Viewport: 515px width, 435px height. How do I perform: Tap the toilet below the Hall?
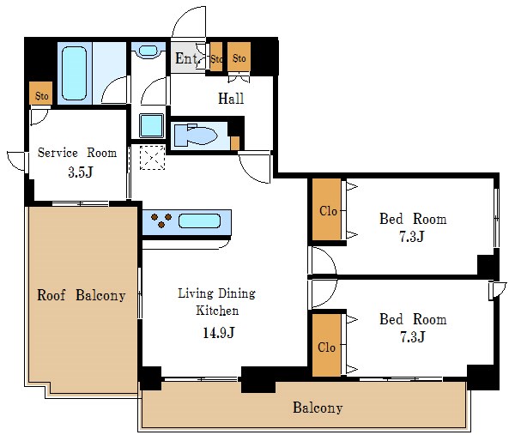click(x=197, y=136)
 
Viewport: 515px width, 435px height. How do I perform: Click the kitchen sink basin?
click(x=201, y=222)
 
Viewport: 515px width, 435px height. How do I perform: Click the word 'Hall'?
click(x=231, y=99)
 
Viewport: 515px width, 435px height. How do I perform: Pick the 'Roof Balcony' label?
click(x=81, y=296)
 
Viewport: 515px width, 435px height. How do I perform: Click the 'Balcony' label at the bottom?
click(x=317, y=408)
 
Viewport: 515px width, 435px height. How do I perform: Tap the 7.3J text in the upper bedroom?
click(x=412, y=237)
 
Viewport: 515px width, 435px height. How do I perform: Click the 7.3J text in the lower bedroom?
click(x=412, y=337)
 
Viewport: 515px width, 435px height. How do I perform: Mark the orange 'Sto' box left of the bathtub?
click(x=39, y=94)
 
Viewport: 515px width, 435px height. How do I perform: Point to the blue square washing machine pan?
click(x=151, y=125)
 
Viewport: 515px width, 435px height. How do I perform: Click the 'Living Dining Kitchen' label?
click(x=215, y=302)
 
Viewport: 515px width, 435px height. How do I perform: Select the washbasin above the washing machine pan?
click(x=150, y=51)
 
